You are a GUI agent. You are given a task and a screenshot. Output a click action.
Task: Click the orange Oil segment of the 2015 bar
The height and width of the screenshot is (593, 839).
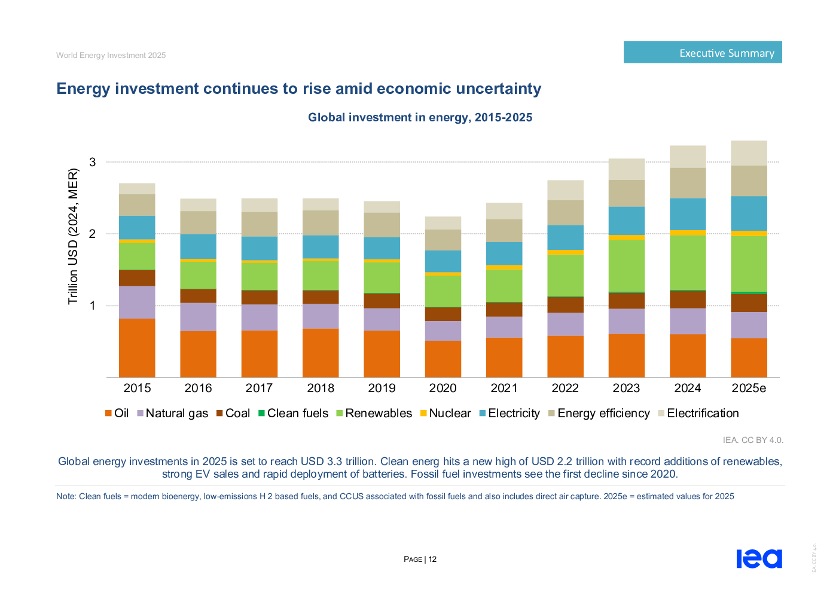(137, 347)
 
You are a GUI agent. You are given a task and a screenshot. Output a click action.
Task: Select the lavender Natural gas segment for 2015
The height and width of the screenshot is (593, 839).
(137, 302)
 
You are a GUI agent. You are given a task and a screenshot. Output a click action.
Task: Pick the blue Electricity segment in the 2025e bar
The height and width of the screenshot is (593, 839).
(749, 213)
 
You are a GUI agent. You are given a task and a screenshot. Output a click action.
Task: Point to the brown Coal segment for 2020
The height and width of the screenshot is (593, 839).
(443, 314)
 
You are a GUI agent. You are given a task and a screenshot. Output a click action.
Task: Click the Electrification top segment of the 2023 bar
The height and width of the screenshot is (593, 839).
(626, 169)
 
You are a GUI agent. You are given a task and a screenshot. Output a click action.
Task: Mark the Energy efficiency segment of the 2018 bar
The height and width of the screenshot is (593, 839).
(321, 222)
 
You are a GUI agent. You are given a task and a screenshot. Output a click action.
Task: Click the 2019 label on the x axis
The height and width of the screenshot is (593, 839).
(382, 388)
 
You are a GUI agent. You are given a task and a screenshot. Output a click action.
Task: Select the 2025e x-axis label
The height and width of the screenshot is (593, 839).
(749, 388)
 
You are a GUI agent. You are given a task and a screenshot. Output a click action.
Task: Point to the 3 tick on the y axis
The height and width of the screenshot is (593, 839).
(93, 162)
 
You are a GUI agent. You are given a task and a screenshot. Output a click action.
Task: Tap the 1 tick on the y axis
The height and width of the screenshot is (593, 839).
(93, 305)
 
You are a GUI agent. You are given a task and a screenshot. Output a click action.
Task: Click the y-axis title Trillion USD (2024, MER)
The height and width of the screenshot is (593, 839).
(73, 236)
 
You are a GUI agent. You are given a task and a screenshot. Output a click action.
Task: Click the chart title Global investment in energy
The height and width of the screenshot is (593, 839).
(420, 117)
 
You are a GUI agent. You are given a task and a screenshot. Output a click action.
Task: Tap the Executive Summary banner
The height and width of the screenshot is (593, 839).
(703, 53)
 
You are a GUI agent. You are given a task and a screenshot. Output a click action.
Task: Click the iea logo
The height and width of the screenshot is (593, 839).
(759, 558)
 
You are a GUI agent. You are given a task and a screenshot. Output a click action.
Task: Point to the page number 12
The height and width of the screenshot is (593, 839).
(432, 560)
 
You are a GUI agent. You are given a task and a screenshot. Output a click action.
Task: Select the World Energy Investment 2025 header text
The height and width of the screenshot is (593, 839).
(111, 55)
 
